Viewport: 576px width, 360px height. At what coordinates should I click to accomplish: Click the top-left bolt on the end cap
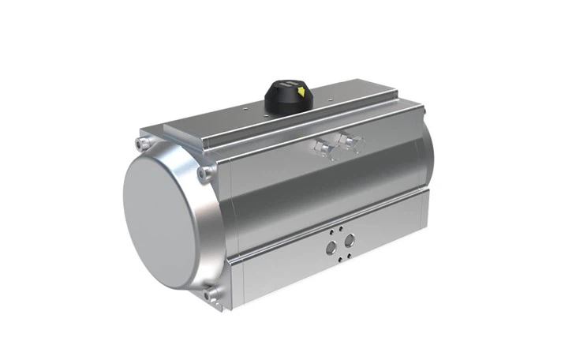click(x=143, y=144)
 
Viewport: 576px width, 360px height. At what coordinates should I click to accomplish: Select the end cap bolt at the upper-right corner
click(x=205, y=172)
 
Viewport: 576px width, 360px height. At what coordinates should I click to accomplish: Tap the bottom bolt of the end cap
click(x=211, y=295)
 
